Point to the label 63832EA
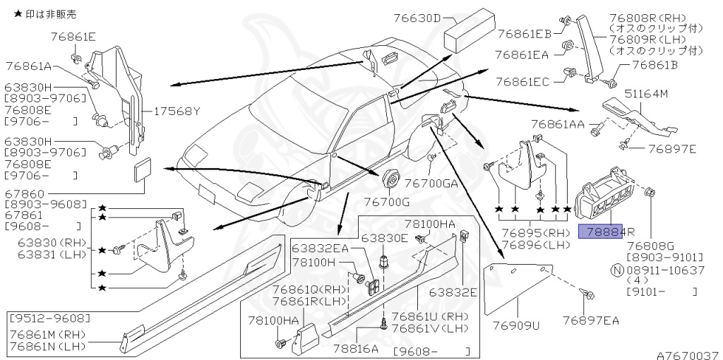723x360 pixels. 321,248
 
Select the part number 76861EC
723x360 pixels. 522,82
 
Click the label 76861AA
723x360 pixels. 558,125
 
